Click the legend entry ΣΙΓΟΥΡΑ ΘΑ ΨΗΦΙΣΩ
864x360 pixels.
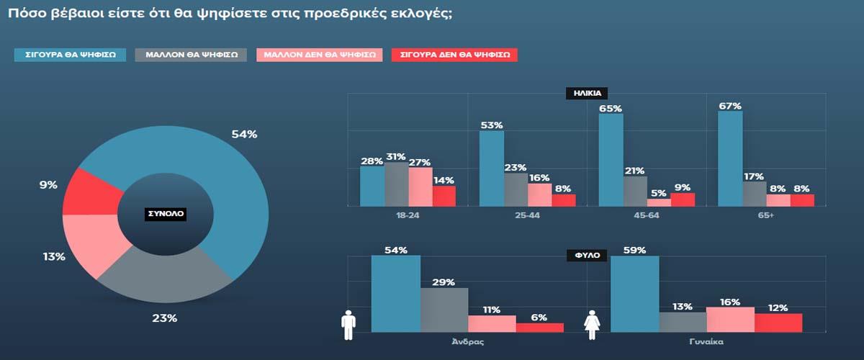point(71,55)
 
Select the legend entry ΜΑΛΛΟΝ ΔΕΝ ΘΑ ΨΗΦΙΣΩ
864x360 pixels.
point(319,55)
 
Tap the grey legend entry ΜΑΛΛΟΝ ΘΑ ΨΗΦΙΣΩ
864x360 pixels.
point(192,55)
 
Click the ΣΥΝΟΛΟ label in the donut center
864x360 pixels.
point(166,215)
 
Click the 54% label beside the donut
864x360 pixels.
point(244,135)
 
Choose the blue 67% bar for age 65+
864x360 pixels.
point(730,158)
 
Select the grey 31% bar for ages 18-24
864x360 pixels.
point(396,184)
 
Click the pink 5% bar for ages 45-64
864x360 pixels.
point(659,202)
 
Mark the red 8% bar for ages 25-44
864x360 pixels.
point(564,200)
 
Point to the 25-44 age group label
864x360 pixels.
point(528,215)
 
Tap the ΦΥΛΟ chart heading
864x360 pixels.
point(587,255)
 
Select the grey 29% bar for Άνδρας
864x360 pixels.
point(444,310)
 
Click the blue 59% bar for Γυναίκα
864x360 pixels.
point(634,294)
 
